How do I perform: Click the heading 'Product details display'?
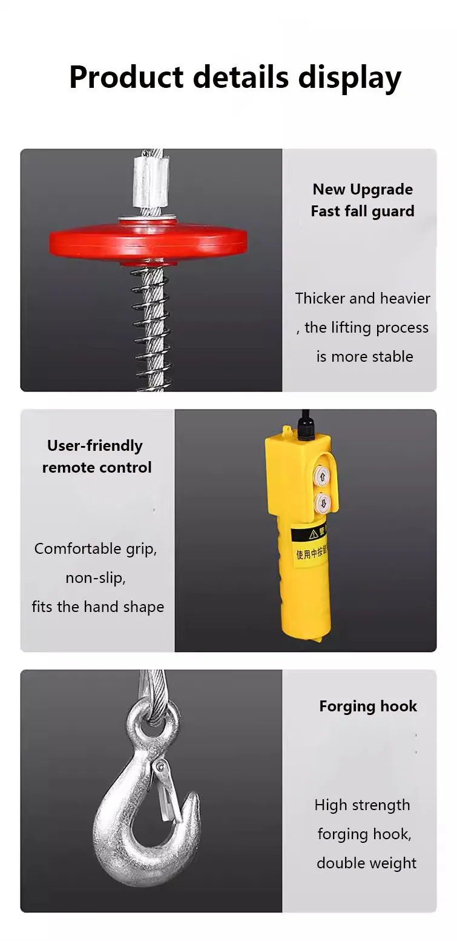[235, 77]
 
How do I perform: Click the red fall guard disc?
[148, 240]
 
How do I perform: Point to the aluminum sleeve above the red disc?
[149, 182]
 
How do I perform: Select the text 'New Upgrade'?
[363, 189]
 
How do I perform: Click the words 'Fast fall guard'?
[363, 211]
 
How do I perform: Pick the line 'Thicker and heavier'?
[363, 298]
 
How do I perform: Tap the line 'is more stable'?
[364, 356]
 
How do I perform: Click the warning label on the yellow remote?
[309, 543]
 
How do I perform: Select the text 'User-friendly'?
[95, 445]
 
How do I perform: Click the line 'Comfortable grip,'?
[96, 548]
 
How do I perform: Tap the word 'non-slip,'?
[96, 577]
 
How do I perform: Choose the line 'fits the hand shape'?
[97, 607]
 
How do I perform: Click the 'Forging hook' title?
[368, 706]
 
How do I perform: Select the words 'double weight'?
[366, 863]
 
